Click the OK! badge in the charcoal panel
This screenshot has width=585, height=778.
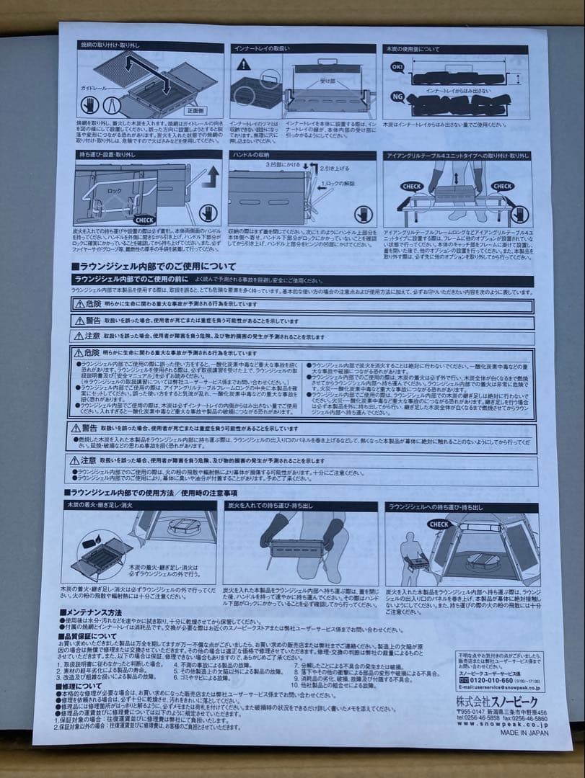pos(397,66)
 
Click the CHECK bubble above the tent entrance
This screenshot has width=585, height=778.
pos(441,524)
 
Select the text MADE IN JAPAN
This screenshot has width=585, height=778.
pos(524,733)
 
